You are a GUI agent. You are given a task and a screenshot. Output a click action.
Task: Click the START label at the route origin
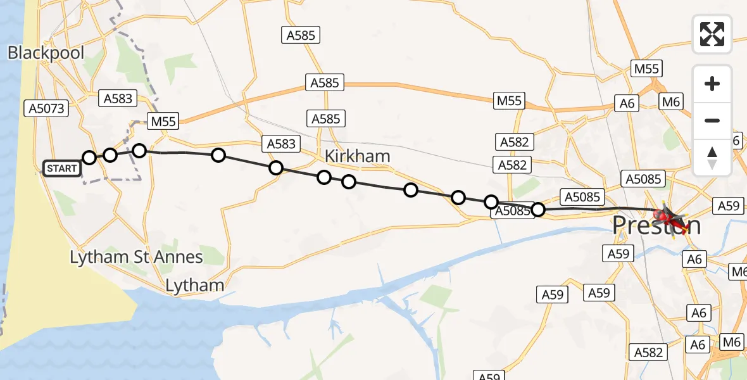click(62, 168)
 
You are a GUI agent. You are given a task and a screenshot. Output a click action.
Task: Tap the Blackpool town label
click(46, 53)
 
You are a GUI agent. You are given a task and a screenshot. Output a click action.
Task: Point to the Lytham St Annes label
click(136, 257)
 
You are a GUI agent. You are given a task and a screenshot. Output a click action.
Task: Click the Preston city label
click(656, 226)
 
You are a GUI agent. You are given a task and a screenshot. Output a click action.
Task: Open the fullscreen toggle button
click(712, 34)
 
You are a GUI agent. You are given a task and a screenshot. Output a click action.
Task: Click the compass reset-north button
click(712, 158)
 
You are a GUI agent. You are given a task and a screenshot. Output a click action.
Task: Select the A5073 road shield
click(47, 108)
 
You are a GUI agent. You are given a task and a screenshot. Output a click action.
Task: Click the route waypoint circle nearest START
click(89, 158)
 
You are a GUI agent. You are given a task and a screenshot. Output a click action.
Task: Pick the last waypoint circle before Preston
click(537, 209)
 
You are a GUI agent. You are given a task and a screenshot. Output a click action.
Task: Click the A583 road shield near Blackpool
click(117, 98)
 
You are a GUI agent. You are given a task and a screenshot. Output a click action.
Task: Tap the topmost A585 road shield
click(301, 35)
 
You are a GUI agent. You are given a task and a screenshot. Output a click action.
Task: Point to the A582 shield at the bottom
click(648, 353)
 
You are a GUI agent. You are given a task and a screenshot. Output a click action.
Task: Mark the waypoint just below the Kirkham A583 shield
click(276, 168)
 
